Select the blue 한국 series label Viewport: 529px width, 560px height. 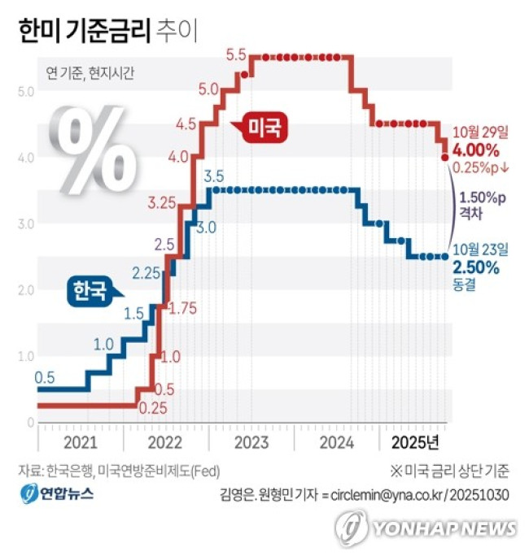[90, 291]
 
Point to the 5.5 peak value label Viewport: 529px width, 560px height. [236, 55]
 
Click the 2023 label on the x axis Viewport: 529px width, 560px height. [251, 442]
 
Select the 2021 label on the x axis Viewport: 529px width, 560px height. [80, 442]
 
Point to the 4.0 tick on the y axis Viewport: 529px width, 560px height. [25, 157]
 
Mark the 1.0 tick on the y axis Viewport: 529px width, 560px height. [25, 356]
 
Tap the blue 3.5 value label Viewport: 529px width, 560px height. [214, 176]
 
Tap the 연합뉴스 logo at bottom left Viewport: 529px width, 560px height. [57, 493]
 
